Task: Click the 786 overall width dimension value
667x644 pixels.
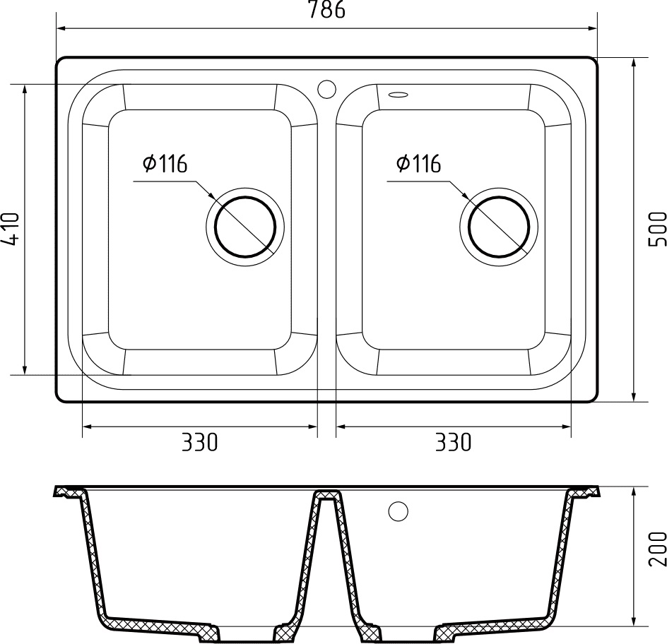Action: pos(326,11)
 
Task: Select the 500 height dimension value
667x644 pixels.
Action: pos(656,228)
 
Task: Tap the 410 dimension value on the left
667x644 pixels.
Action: pos(11,228)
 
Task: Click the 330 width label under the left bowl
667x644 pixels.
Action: pos(199,443)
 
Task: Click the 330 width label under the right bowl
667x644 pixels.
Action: pos(452,443)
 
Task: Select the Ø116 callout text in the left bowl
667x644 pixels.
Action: pos(164,164)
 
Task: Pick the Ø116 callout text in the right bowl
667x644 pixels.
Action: pos(418,164)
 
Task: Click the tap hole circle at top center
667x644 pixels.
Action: pos(326,89)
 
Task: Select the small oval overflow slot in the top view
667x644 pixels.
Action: pos(399,93)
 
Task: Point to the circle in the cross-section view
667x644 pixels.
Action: pos(399,511)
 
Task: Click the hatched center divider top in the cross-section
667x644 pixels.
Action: pos(326,495)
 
